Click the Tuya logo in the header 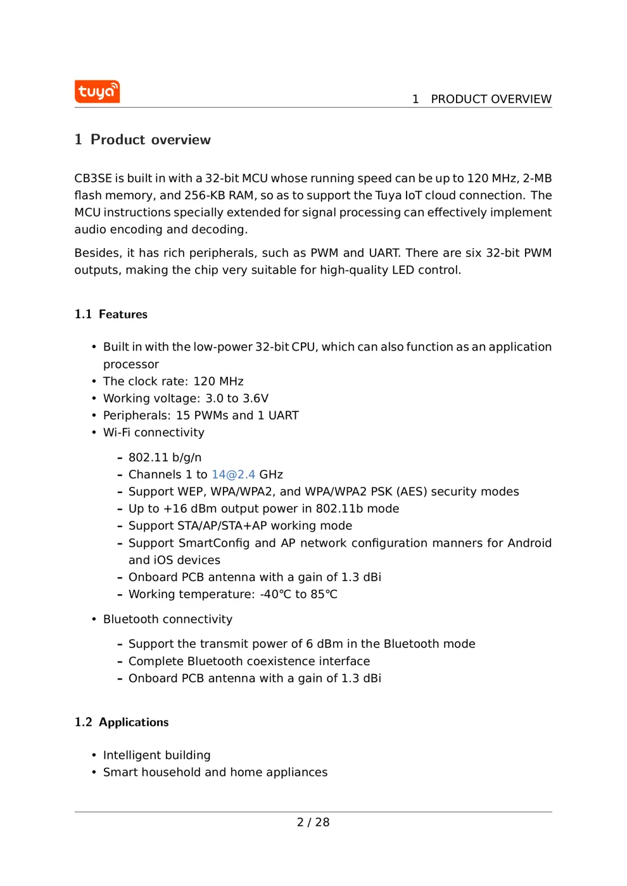[x=97, y=92]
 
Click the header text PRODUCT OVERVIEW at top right [x=491, y=99]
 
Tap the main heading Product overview [x=150, y=140]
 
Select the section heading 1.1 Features [x=111, y=315]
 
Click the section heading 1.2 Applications [x=122, y=723]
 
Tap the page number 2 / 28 [x=313, y=822]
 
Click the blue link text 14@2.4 [x=233, y=475]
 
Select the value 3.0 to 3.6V [x=237, y=399]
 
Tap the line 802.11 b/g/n [x=165, y=458]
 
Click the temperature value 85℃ [x=324, y=594]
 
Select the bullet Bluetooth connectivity [x=167, y=620]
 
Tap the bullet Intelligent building [x=156, y=756]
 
